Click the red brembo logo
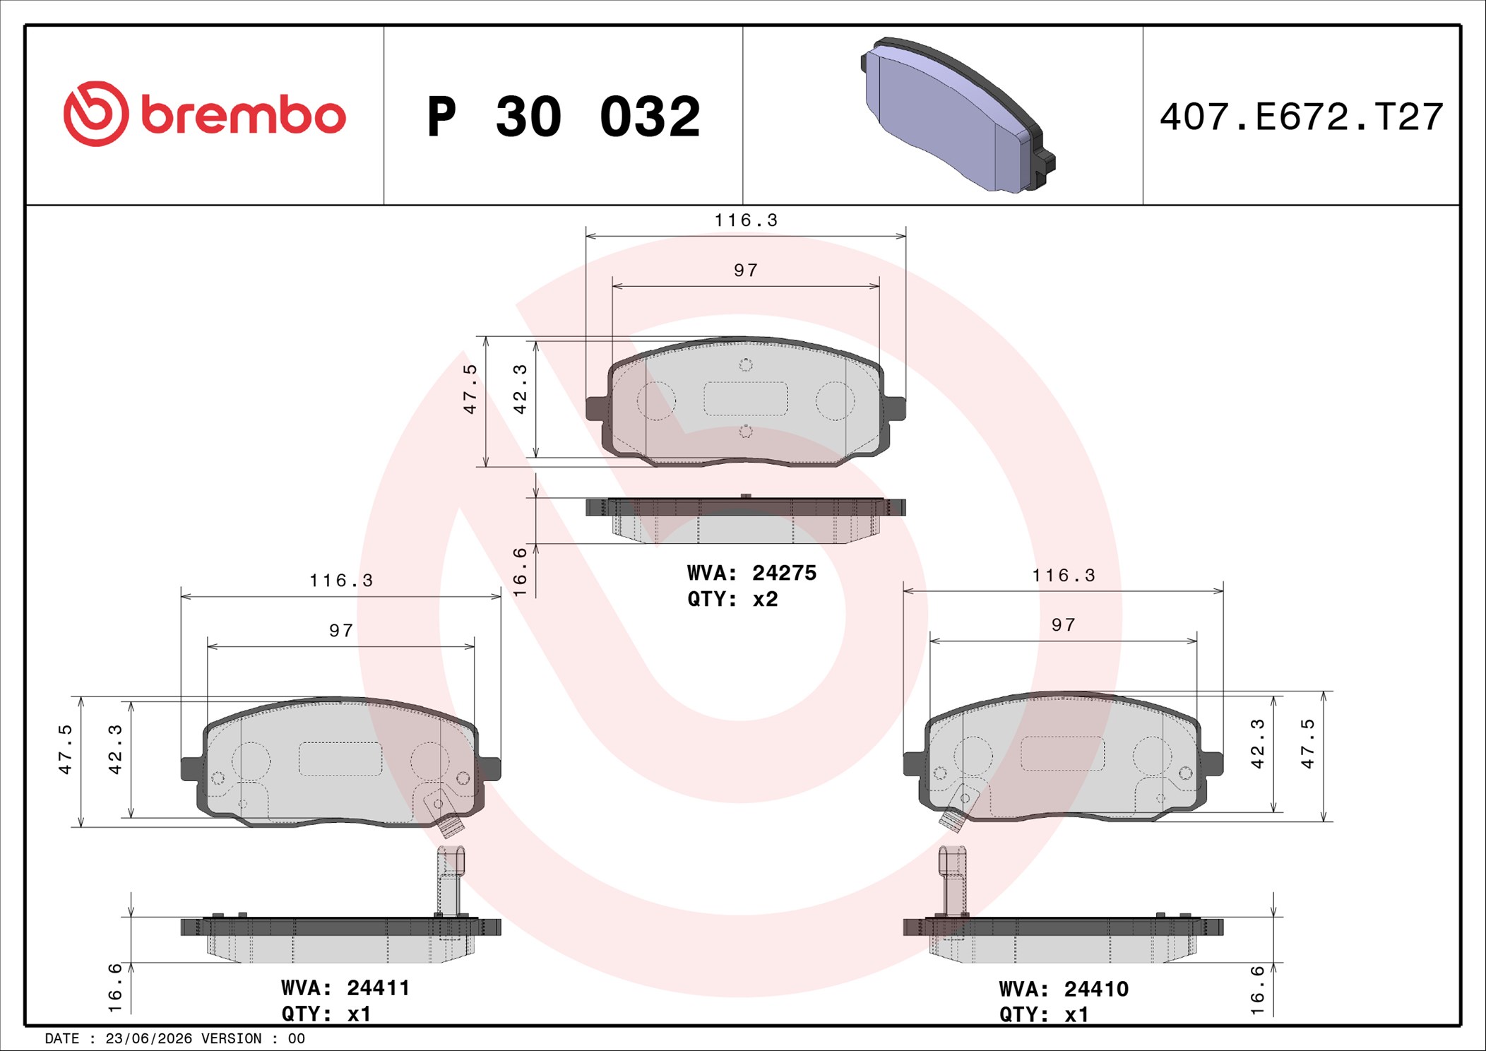[x=205, y=114]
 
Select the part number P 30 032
[x=564, y=117]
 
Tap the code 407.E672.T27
[x=1301, y=117]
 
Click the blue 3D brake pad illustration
[x=958, y=115]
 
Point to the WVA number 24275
[x=784, y=573]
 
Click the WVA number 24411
[x=378, y=987]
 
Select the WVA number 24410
[x=1096, y=989]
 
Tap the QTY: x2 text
[x=732, y=599]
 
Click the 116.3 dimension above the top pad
[x=746, y=220]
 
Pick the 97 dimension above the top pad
[x=746, y=271]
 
